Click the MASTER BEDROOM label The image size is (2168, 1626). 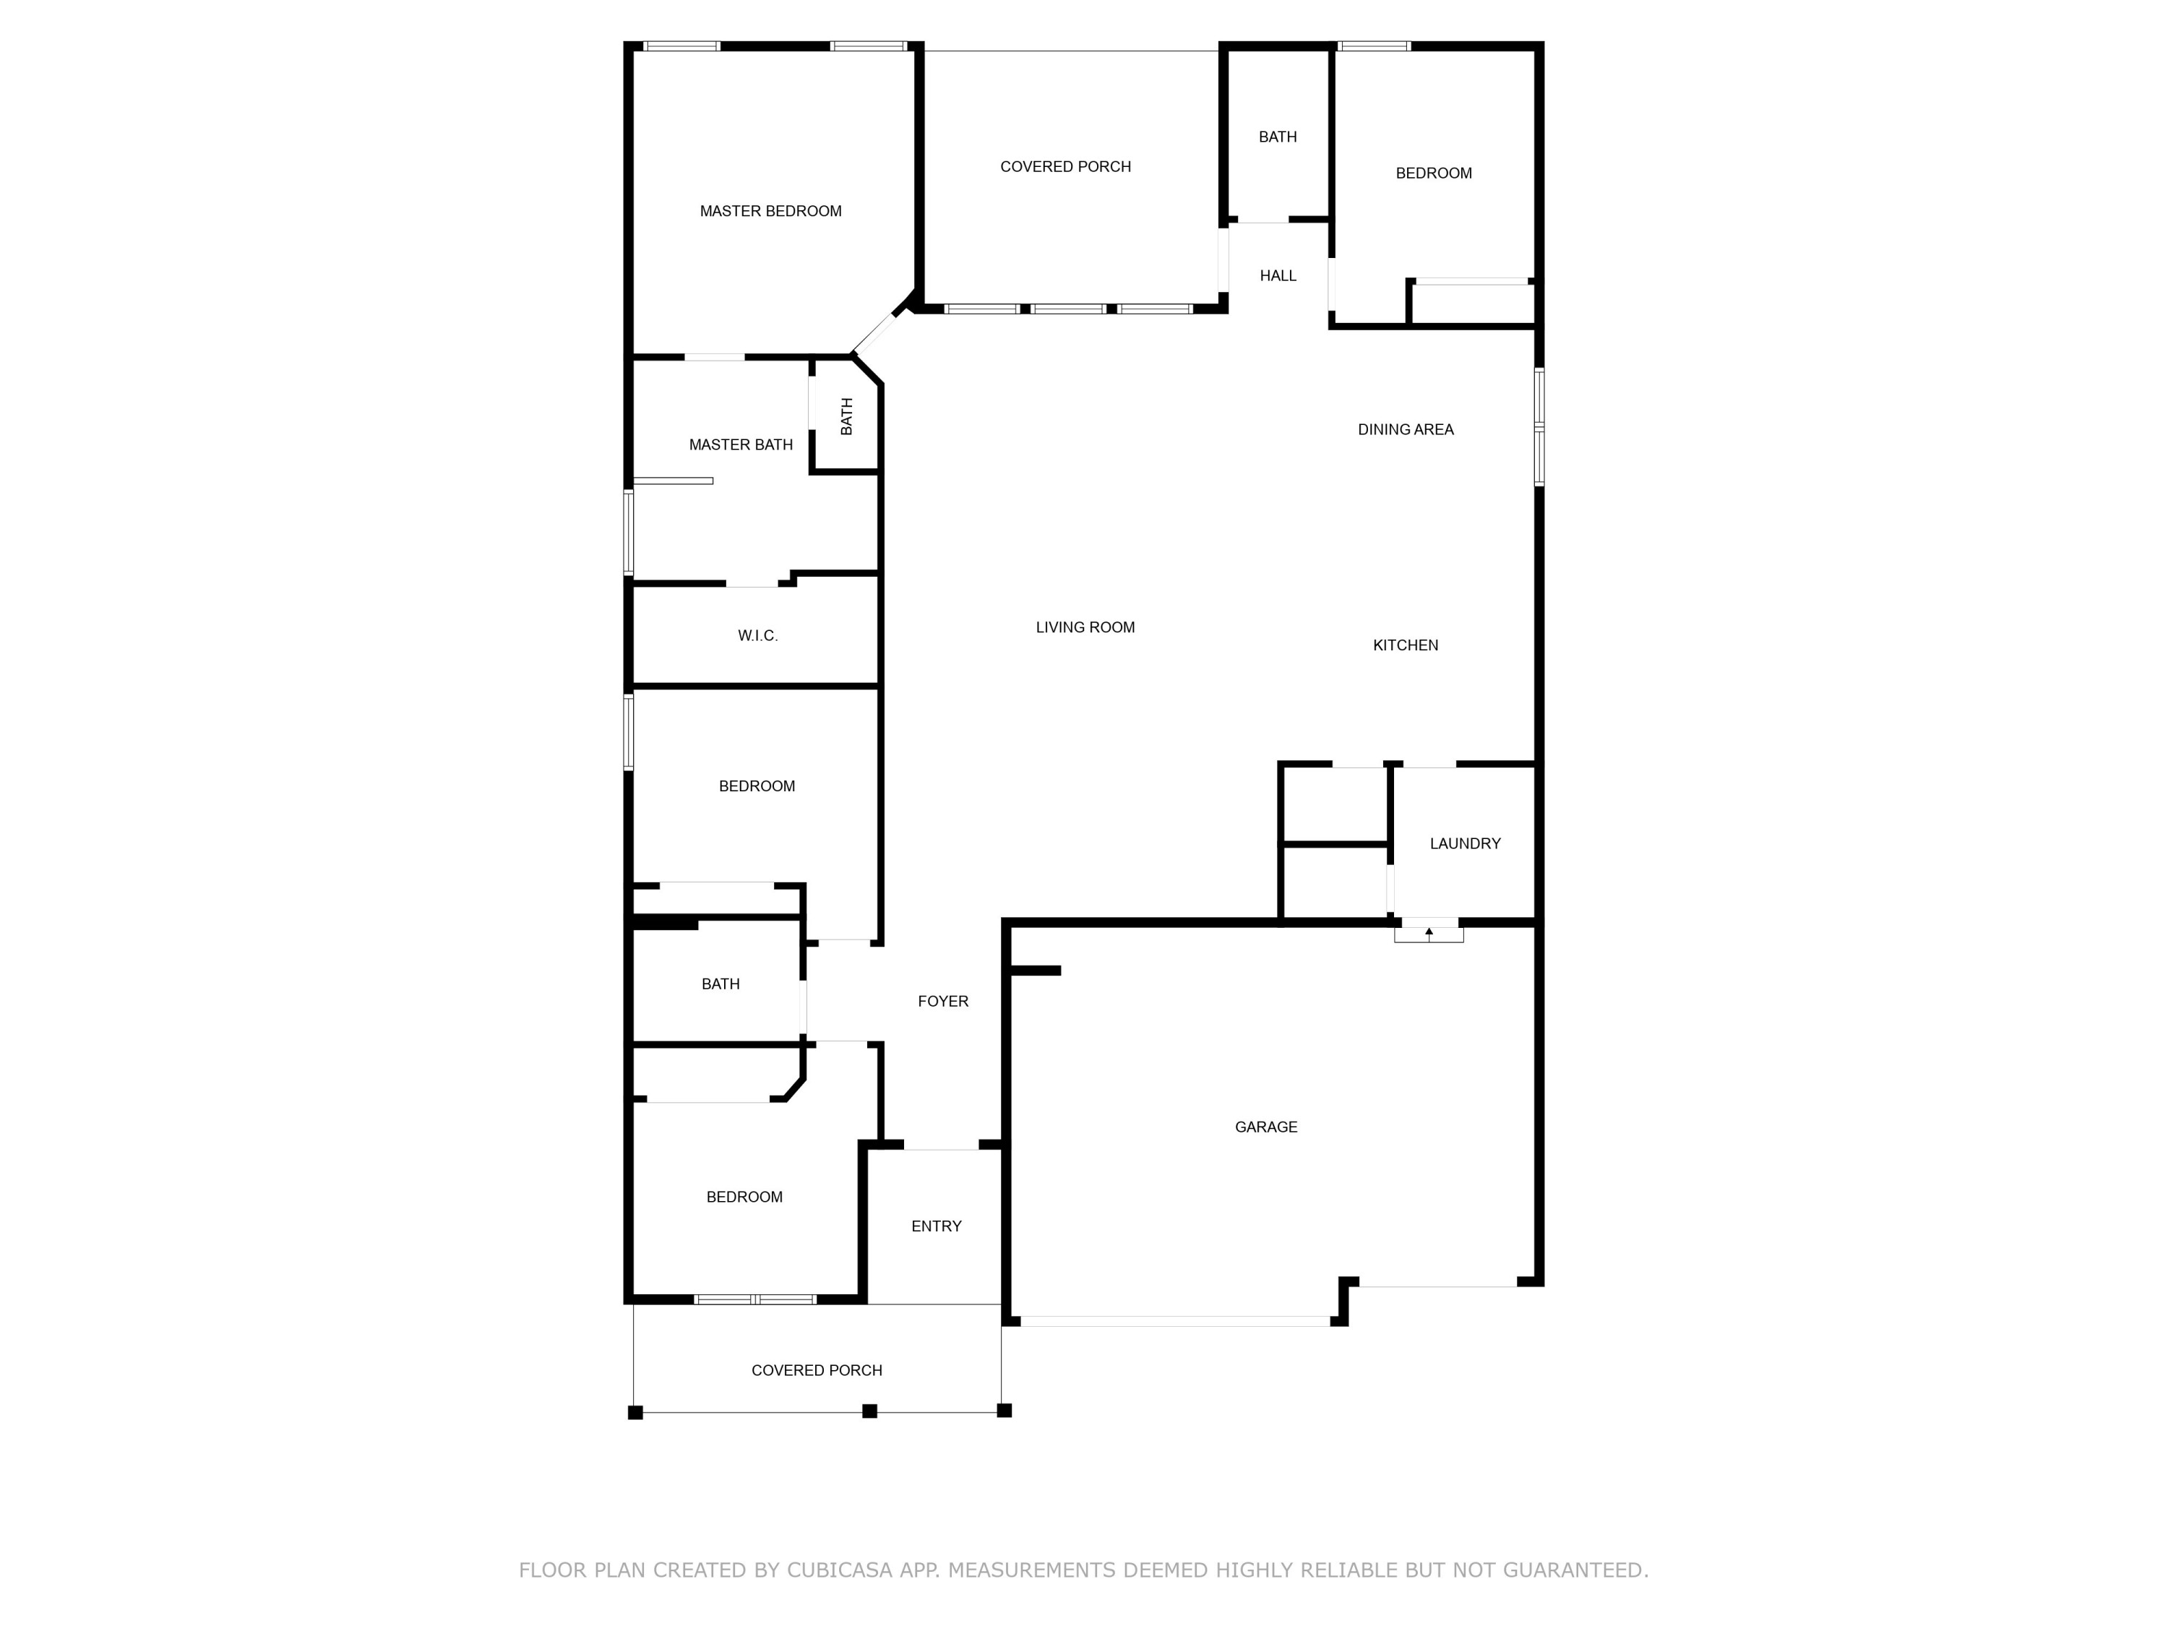[770, 211]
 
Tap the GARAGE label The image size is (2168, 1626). [1265, 1127]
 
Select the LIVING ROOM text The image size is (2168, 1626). [1085, 627]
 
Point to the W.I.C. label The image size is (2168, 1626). [757, 636]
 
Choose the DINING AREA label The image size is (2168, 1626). [1404, 429]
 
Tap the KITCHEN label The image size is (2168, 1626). [1404, 645]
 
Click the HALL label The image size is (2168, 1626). [1277, 276]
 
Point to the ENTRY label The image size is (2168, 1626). [936, 1226]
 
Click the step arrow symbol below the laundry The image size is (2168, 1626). [1428, 932]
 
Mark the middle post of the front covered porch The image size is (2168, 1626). [869, 1411]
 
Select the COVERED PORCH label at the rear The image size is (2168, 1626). [1065, 167]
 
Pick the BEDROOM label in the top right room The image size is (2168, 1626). [1433, 173]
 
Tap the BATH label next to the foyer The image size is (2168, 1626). [720, 984]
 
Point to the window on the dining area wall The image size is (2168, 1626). [1539, 427]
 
